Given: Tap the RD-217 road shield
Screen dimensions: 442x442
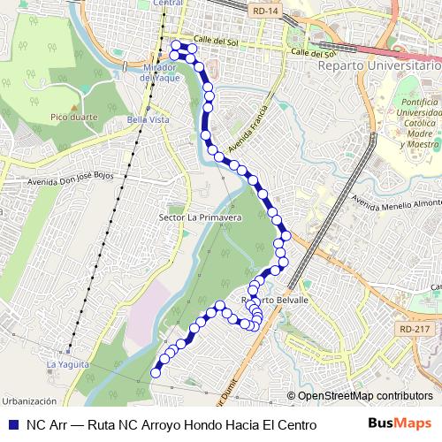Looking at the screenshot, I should tap(415, 330).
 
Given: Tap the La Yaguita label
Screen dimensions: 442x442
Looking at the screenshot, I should tap(68, 363).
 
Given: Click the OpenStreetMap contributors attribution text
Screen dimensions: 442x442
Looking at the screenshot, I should tap(365, 396).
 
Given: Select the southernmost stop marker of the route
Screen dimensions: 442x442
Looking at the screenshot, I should tap(156, 373).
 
